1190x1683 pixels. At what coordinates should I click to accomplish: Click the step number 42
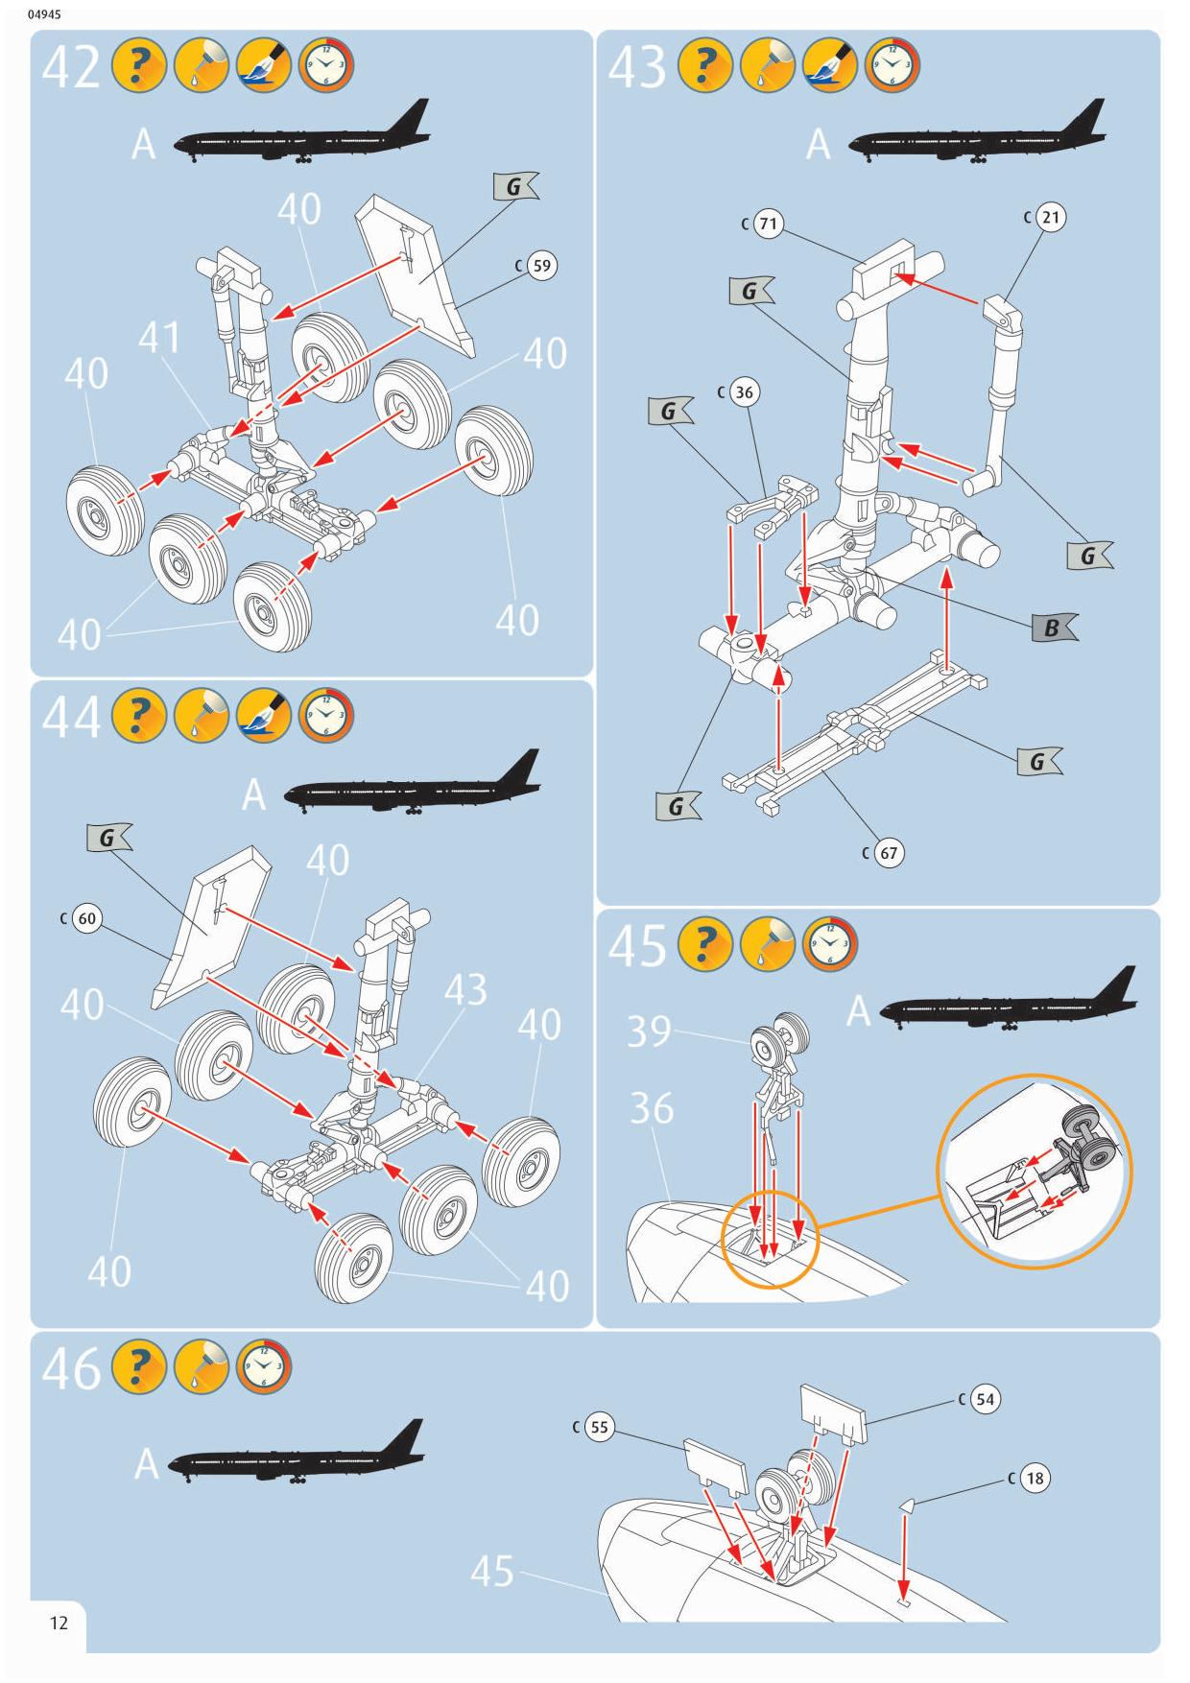pos(71,68)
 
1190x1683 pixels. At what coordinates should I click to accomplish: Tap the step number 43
pos(636,68)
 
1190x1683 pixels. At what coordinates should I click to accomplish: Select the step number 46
pos(71,1368)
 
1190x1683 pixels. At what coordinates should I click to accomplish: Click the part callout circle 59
pos(542,266)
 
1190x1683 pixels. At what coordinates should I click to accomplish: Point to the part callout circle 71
pos(768,225)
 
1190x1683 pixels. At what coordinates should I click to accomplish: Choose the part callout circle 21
pos(1051,217)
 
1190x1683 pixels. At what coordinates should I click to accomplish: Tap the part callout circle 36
pos(744,391)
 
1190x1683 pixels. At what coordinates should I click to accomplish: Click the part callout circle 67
pos(889,853)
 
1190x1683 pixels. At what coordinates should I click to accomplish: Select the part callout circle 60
pos(87,919)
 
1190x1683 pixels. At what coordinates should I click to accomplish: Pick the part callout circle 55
pos(599,1427)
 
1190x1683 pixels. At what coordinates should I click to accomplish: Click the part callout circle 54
pos(986,1399)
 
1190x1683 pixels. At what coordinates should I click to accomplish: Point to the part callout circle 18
pos(1035,1478)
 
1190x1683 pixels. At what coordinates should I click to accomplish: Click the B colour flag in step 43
pos(1053,628)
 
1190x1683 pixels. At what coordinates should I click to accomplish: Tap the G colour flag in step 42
pos(514,186)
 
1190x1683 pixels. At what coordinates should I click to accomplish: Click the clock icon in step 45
pos(829,944)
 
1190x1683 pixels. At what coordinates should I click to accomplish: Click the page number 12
pos(59,1624)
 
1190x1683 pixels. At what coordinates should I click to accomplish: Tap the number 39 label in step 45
pos(649,1031)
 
